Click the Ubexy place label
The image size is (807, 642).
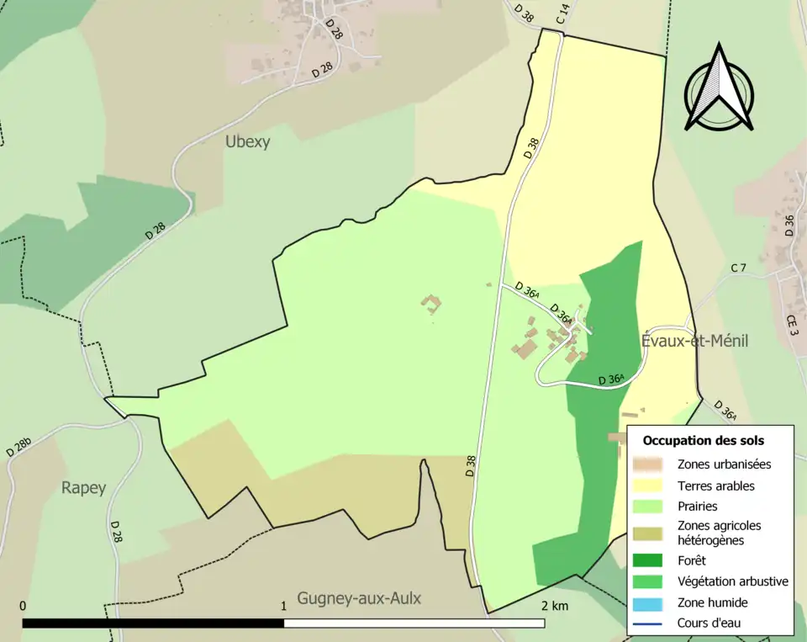(x=247, y=141)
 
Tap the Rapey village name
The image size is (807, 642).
(x=83, y=488)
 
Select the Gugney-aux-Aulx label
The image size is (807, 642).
(x=359, y=598)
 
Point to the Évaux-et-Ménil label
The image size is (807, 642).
(x=694, y=341)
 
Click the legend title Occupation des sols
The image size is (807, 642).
(x=703, y=440)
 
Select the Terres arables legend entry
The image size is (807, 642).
(x=715, y=485)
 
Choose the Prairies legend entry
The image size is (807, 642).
(x=697, y=507)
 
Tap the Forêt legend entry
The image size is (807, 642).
(x=691, y=560)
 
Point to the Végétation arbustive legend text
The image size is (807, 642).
(x=732, y=581)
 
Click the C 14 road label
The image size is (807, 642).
(x=563, y=13)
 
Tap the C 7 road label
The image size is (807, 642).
(x=738, y=268)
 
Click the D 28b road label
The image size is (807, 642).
(x=18, y=446)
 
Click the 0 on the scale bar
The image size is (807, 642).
(x=23, y=606)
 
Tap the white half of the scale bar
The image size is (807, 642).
(x=414, y=623)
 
